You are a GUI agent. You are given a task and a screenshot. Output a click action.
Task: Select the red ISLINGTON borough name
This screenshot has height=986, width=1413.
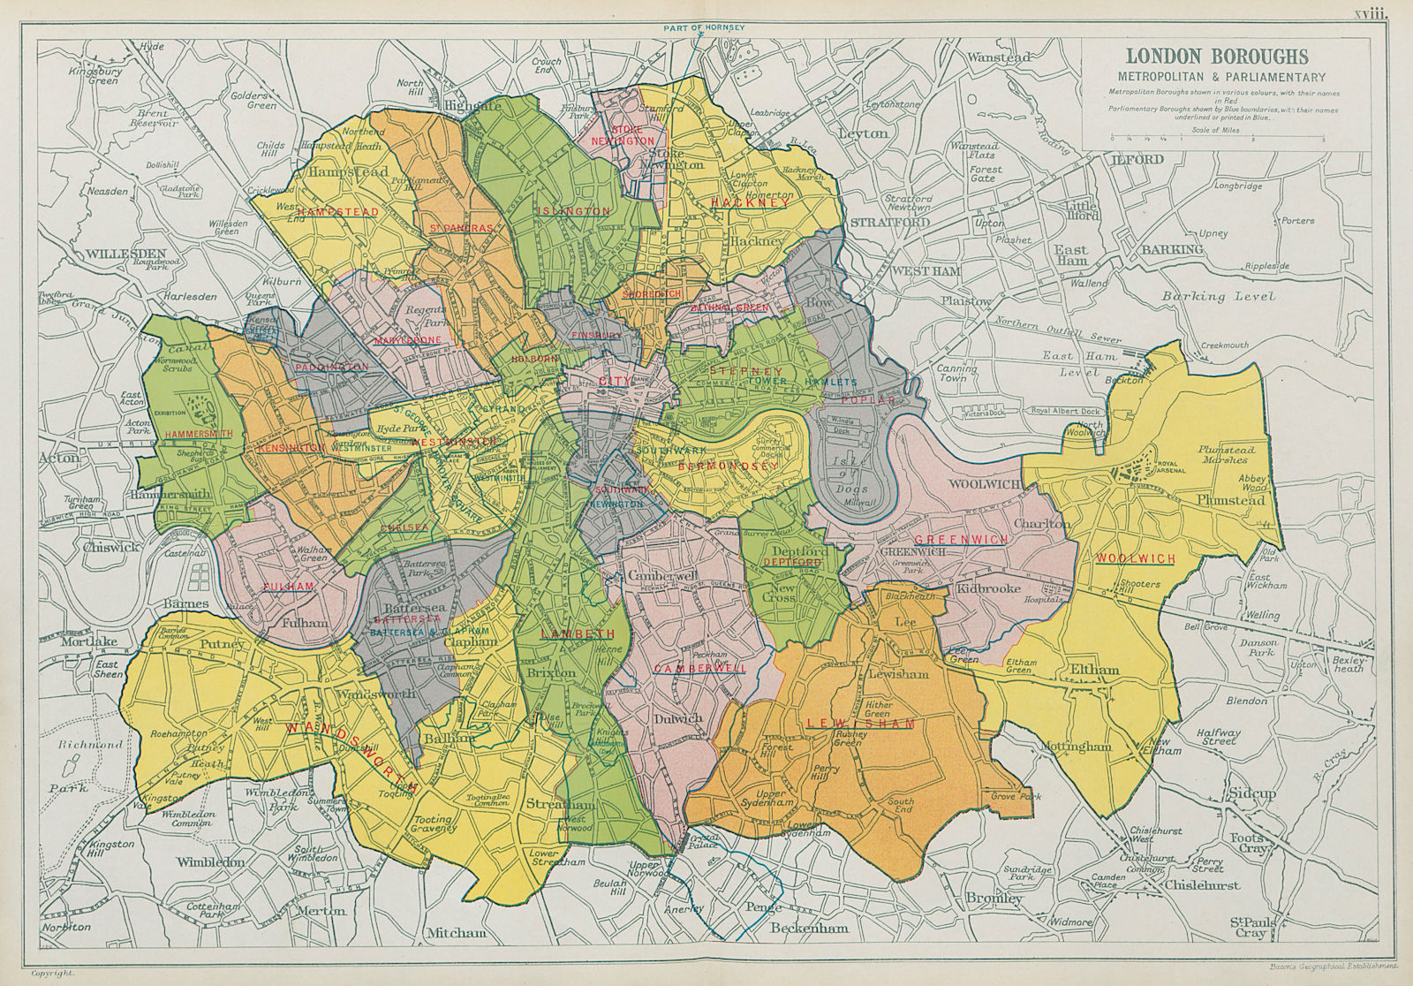(x=572, y=211)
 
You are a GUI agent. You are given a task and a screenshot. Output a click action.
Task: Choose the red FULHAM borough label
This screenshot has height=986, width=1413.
(x=284, y=587)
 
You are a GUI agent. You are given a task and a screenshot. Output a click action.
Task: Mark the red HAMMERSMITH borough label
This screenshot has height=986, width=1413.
(x=198, y=435)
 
